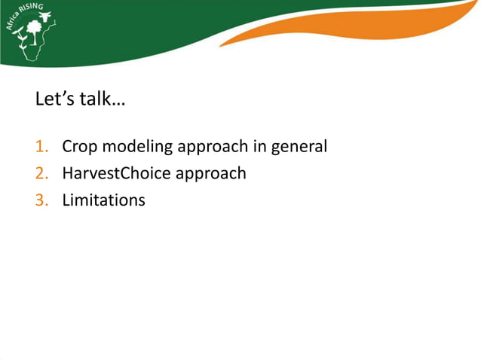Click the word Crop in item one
pyautogui.click(x=78, y=147)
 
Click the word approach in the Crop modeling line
pyautogui.click(x=212, y=147)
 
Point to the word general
pyautogui.click(x=299, y=147)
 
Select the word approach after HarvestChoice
pyautogui.click(x=210, y=174)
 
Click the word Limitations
pyautogui.click(x=103, y=200)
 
